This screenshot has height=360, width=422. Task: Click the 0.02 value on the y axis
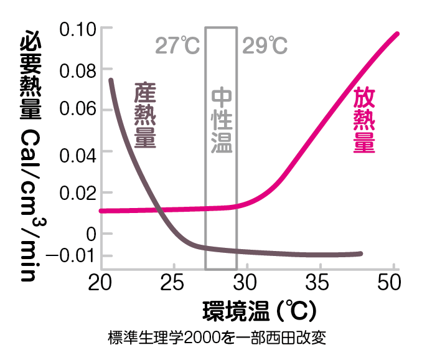pos(75,193)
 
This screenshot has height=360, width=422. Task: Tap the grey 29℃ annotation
pos(265,46)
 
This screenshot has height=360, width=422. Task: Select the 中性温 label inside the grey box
pos(221,120)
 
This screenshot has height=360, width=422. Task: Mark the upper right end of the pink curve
pos(396,34)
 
